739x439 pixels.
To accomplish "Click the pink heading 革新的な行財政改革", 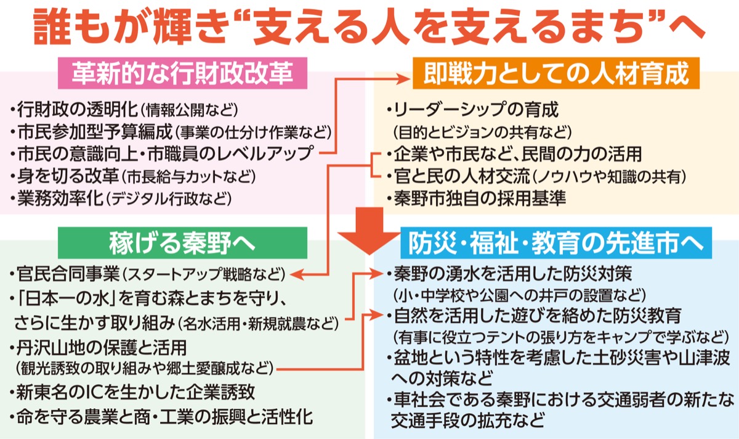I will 182,73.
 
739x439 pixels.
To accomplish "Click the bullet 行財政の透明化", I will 75,111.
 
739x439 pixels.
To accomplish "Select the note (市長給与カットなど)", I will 188,176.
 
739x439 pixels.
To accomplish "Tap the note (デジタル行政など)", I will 170,198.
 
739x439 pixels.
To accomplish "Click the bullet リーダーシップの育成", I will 474,111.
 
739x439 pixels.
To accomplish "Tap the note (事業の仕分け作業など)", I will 253,133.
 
